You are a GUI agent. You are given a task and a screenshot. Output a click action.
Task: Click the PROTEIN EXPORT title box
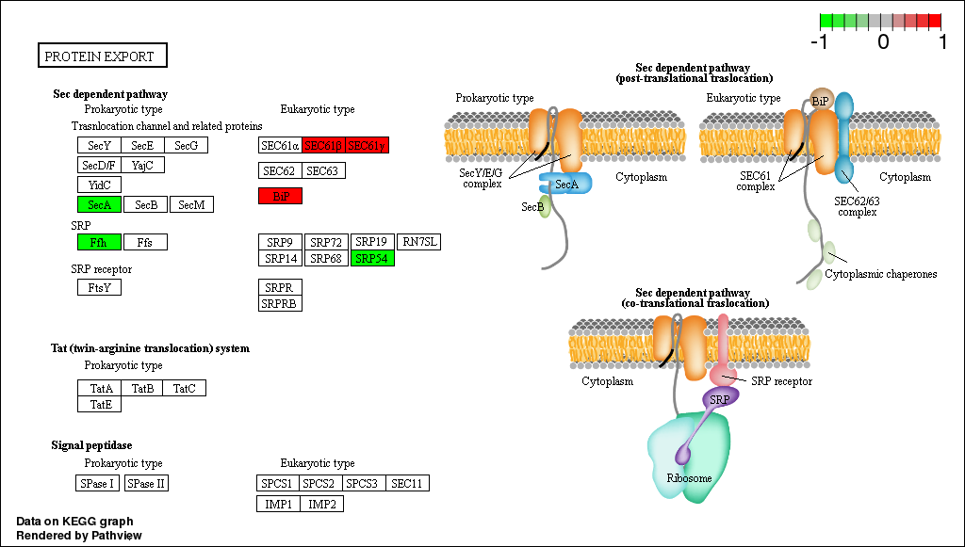[x=102, y=56]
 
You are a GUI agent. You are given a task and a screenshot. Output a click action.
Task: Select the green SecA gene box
[x=99, y=204]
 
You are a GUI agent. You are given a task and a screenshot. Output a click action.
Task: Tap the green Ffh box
[x=99, y=242]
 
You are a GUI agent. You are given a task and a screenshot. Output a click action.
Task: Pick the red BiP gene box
[x=280, y=196]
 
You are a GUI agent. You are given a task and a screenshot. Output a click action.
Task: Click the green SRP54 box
[x=372, y=258]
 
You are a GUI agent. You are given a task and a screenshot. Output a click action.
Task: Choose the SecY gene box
[x=99, y=145]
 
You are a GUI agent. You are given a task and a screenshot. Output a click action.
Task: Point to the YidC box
[x=99, y=185]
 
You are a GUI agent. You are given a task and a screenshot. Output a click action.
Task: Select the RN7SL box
[x=418, y=242]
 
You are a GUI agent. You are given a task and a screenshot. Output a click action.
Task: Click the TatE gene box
[x=99, y=404]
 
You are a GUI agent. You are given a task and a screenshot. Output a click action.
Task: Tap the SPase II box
[x=146, y=483]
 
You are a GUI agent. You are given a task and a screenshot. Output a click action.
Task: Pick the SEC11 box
[x=407, y=483]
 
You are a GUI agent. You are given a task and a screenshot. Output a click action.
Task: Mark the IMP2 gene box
[x=322, y=504]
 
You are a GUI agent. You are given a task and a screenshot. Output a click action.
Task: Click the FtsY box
[x=99, y=287]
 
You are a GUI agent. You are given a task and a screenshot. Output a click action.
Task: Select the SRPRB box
[x=280, y=303]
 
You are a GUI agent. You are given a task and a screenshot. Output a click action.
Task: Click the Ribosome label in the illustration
[x=689, y=478]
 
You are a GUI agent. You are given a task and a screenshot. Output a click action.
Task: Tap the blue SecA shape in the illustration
[x=565, y=184]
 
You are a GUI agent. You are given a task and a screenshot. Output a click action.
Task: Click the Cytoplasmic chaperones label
[x=881, y=274]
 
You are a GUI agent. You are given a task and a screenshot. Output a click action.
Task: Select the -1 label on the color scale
[x=820, y=41]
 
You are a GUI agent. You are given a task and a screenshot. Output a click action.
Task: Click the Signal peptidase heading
[x=91, y=444]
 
